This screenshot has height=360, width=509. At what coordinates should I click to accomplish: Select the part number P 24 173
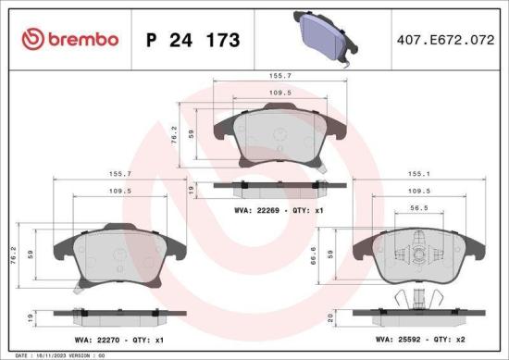(193, 40)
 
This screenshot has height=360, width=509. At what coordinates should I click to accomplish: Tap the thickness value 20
(340, 317)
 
